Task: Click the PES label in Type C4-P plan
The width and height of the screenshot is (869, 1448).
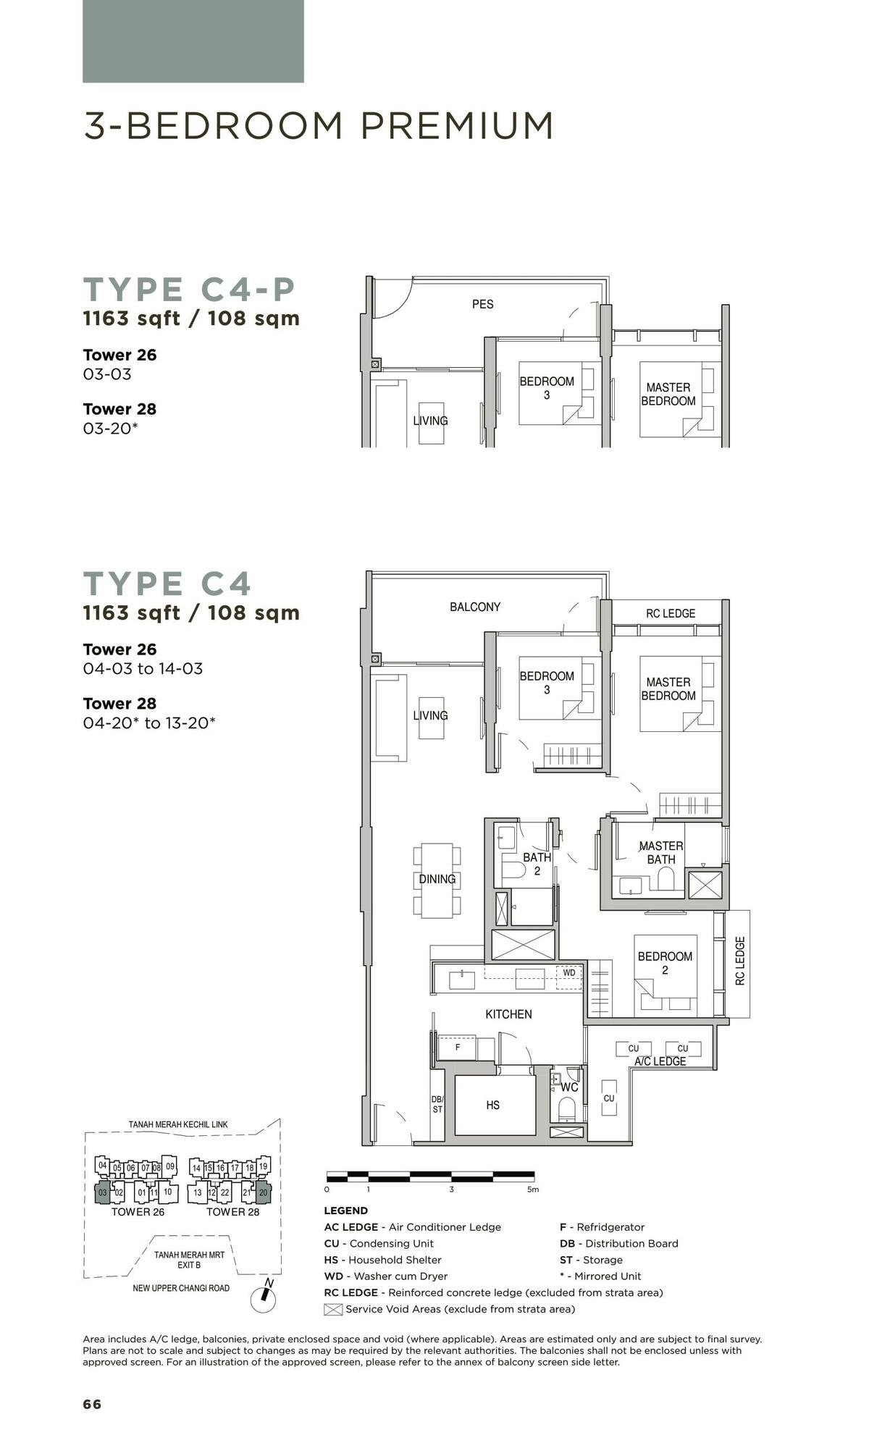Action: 482,304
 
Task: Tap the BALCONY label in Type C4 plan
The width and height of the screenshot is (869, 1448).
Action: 475,607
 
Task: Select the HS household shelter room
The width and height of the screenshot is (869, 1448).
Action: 493,1105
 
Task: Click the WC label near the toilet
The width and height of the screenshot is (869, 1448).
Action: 569,1087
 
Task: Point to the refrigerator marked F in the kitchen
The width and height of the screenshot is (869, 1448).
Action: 458,1047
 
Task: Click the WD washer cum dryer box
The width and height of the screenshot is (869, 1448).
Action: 569,972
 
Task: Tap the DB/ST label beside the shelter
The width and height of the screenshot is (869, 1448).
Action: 437,1104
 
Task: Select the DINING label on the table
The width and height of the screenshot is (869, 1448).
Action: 437,879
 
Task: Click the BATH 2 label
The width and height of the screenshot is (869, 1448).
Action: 537,864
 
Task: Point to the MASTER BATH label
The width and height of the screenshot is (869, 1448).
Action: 660,852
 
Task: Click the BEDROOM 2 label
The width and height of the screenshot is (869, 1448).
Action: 665,963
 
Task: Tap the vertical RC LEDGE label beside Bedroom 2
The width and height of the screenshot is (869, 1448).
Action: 739,961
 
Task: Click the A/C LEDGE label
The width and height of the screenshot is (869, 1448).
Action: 660,1061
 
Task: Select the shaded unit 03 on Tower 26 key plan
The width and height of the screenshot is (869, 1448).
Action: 103,1192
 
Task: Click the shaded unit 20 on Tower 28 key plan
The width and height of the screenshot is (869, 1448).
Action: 263,1192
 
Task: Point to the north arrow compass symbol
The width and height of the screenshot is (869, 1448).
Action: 264,1299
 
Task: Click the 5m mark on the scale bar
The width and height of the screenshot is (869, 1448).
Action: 533,1189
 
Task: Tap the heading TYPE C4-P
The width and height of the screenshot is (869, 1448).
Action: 190,289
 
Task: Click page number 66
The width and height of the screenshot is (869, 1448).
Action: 92,1405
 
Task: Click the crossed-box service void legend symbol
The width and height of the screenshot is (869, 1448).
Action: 333,1309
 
